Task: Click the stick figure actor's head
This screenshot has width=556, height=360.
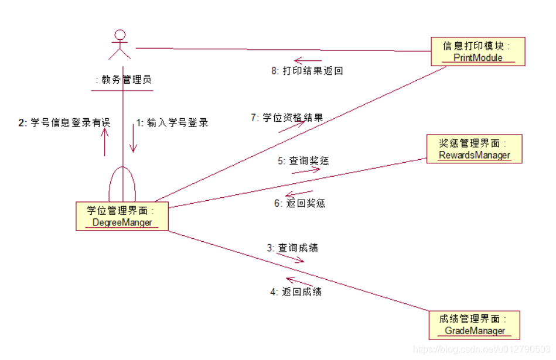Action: [x=120, y=35]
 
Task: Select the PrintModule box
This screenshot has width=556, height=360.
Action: [x=477, y=52]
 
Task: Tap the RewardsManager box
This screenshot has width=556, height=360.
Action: [x=473, y=149]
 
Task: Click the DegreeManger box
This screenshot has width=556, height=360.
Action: [x=122, y=217]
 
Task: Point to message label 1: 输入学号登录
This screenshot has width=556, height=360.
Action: [x=172, y=123]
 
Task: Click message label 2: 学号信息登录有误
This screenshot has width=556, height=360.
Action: [x=64, y=123]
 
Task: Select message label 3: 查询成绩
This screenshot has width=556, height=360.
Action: [x=292, y=248]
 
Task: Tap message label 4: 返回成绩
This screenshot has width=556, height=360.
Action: [x=295, y=292]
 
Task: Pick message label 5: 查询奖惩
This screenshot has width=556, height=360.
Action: [x=303, y=160]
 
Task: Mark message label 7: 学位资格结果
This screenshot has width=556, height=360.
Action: [x=286, y=118]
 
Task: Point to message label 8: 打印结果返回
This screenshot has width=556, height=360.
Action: [x=306, y=71]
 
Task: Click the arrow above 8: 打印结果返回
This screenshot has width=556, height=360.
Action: [x=308, y=60]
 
